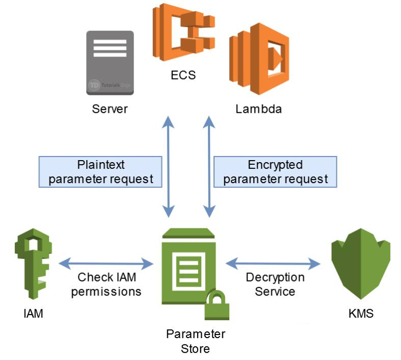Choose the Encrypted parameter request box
[275, 172]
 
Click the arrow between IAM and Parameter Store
[106, 264]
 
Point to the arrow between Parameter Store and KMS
[273, 264]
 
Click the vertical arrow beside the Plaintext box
[168, 166]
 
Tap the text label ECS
[183, 75]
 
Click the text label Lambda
[258, 109]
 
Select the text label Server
[110, 109]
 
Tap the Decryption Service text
[275, 285]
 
